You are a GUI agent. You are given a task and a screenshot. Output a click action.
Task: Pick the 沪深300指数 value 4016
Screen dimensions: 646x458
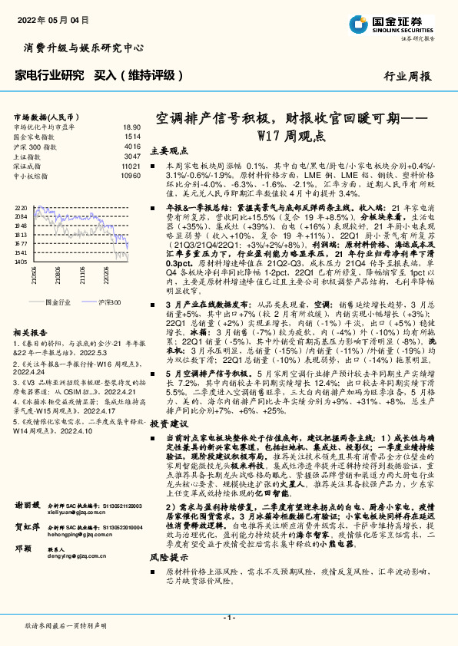(x=132, y=146)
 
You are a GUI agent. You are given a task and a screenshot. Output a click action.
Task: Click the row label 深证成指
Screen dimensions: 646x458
(x=28, y=166)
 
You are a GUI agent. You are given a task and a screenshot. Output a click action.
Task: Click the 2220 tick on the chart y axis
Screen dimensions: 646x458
(x=21, y=208)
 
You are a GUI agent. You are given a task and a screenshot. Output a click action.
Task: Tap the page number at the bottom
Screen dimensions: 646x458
(x=228, y=618)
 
